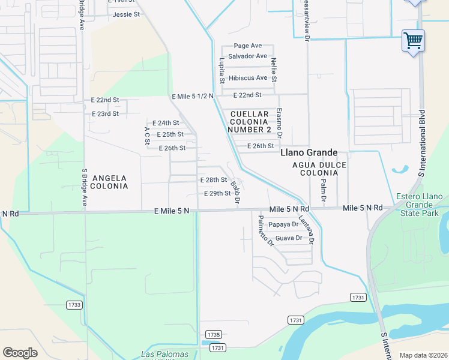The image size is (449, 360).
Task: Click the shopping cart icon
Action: (413, 41)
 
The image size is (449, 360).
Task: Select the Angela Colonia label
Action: (110, 182)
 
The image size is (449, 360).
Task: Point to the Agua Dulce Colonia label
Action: (315, 169)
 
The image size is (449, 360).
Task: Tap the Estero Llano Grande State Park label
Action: (420, 205)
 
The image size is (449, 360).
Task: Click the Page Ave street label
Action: (248, 46)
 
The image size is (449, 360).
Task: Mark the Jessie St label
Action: (126, 14)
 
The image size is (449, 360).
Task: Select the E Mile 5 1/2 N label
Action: (192, 97)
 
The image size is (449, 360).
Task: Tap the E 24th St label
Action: (166, 123)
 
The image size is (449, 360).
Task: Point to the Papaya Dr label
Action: (283, 225)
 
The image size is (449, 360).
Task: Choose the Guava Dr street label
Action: (288, 238)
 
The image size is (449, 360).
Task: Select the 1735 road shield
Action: (213, 334)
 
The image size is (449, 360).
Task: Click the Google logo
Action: (20, 353)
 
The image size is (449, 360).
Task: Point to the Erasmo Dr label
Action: (279, 121)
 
